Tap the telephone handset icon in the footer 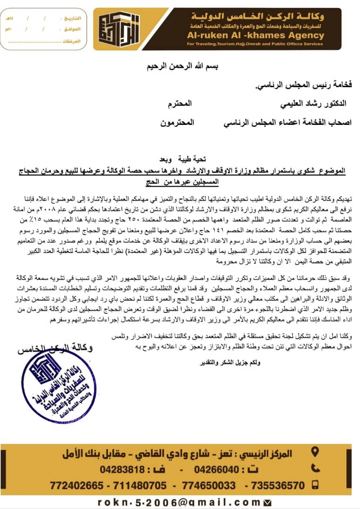tap(315, 468)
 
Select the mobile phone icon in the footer tap(315, 484)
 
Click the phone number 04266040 tap(217, 469)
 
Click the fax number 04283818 tap(122, 469)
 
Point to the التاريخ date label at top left tap(72, 18)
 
